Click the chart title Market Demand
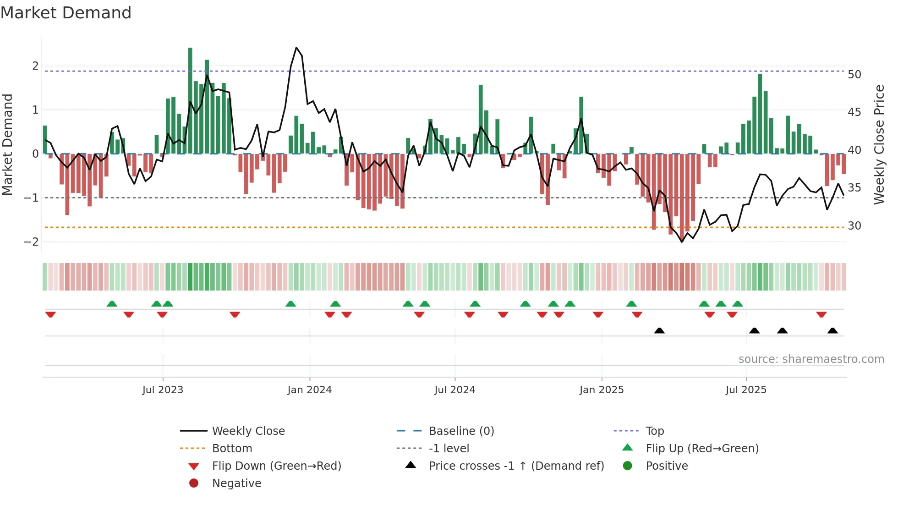coord(66,13)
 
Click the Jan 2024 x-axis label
coord(309,390)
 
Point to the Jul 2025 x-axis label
coord(746,390)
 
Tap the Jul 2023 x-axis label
coord(163,390)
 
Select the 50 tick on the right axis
coord(854,74)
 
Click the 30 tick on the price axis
coord(854,226)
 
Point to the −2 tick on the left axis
coord(31,242)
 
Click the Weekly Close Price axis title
coord(879,144)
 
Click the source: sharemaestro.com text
coord(811,359)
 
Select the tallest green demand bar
coord(190,101)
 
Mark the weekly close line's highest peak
coord(296,48)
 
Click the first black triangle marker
coord(659,330)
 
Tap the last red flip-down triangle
coord(821,314)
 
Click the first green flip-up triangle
coord(112,304)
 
